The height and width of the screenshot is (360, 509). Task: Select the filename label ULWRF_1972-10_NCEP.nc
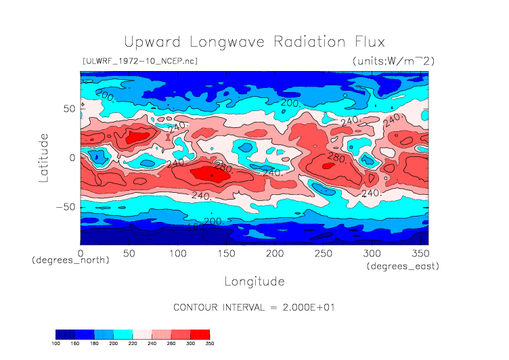(139, 61)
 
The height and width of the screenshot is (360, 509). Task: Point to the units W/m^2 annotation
(393, 61)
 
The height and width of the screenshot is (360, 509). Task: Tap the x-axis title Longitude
(254, 281)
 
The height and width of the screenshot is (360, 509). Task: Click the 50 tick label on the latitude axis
(68, 109)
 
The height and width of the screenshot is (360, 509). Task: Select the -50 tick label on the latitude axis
(64, 207)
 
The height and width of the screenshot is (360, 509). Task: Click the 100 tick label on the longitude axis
(177, 252)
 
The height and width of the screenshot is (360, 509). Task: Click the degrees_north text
(70, 260)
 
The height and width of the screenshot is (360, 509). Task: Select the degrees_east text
(403, 267)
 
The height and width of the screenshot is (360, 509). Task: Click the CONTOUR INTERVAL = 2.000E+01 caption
(254, 307)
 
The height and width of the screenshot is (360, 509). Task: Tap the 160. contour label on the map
(195, 227)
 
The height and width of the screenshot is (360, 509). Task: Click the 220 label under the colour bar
(133, 343)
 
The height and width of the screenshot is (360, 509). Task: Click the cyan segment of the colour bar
(123, 334)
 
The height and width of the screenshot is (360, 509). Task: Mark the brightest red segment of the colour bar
(200, 334)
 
